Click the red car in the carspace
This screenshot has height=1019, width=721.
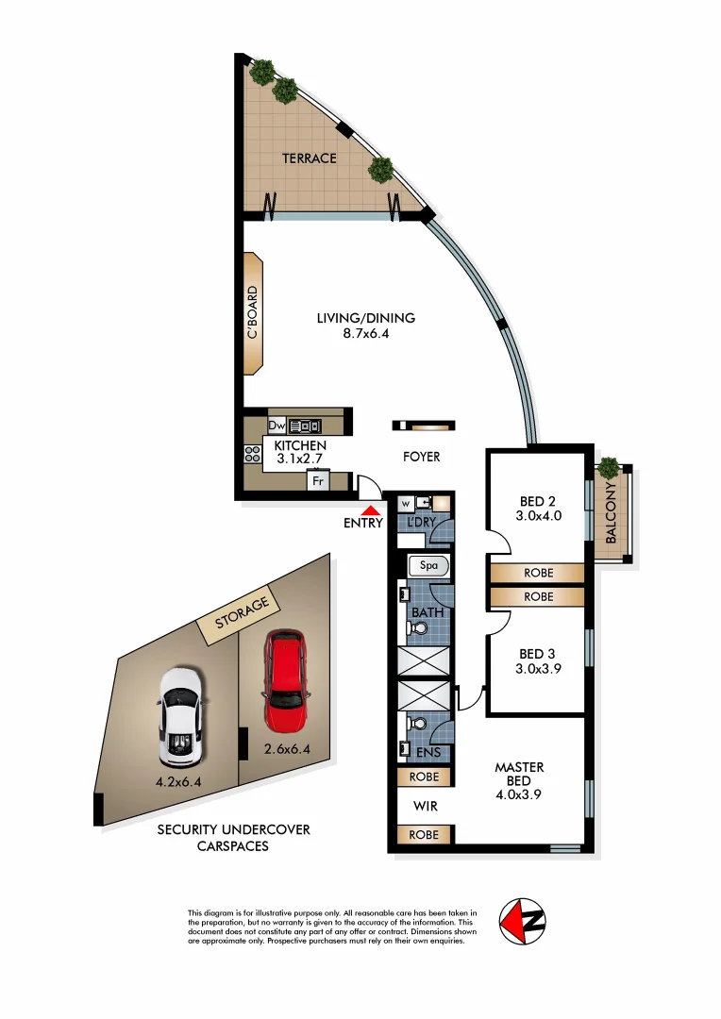[286, 681]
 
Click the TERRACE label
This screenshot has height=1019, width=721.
[309, 159]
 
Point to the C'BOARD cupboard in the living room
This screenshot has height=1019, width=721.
[253, 313]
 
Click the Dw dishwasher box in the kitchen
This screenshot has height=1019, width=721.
[277, 426]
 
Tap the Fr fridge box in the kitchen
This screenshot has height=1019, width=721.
[318, 480]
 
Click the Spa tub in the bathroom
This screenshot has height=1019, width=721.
[428, 566]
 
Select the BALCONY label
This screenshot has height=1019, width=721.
[611, 514]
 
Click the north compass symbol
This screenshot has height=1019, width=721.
[524, 919]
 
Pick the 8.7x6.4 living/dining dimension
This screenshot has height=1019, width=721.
[365, 333]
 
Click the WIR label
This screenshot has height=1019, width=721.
[424, 807]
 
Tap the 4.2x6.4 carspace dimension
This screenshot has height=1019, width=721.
[179, 781]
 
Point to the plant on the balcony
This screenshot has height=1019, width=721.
[609, 467]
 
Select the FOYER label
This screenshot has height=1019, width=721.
[421, 457]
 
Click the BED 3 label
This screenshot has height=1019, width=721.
[531, 654]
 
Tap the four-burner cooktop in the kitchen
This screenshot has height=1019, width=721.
[253, 453]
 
